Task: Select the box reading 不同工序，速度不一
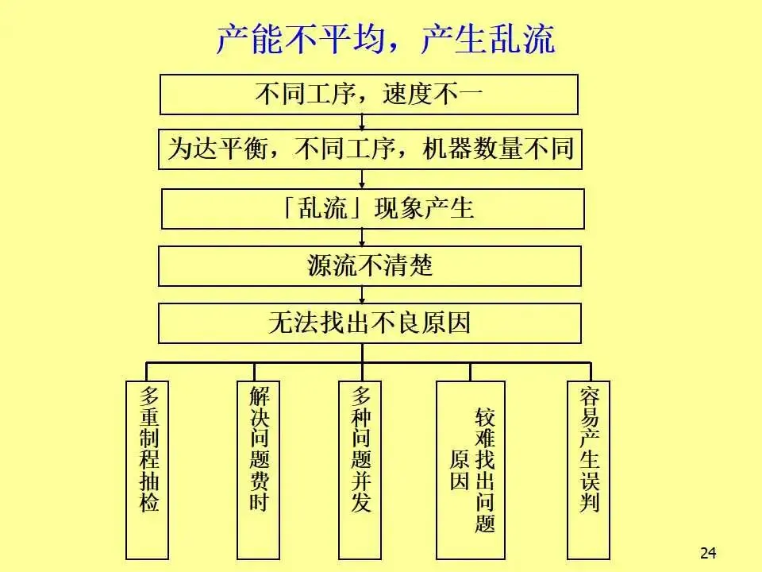click(368, 95)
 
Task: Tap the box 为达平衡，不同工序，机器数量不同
click(370, 149)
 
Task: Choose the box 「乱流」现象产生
click(372, 208)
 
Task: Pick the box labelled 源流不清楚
click(370, 265)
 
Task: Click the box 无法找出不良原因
click(370, 323)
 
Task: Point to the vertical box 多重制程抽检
click(148, 469)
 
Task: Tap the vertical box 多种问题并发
click(361, 469)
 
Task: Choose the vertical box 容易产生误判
click(589, 469)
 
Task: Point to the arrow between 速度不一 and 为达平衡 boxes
click(362, 122)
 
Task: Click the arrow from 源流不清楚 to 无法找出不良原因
click(362, 295)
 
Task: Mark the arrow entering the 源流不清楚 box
click(362, 238)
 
